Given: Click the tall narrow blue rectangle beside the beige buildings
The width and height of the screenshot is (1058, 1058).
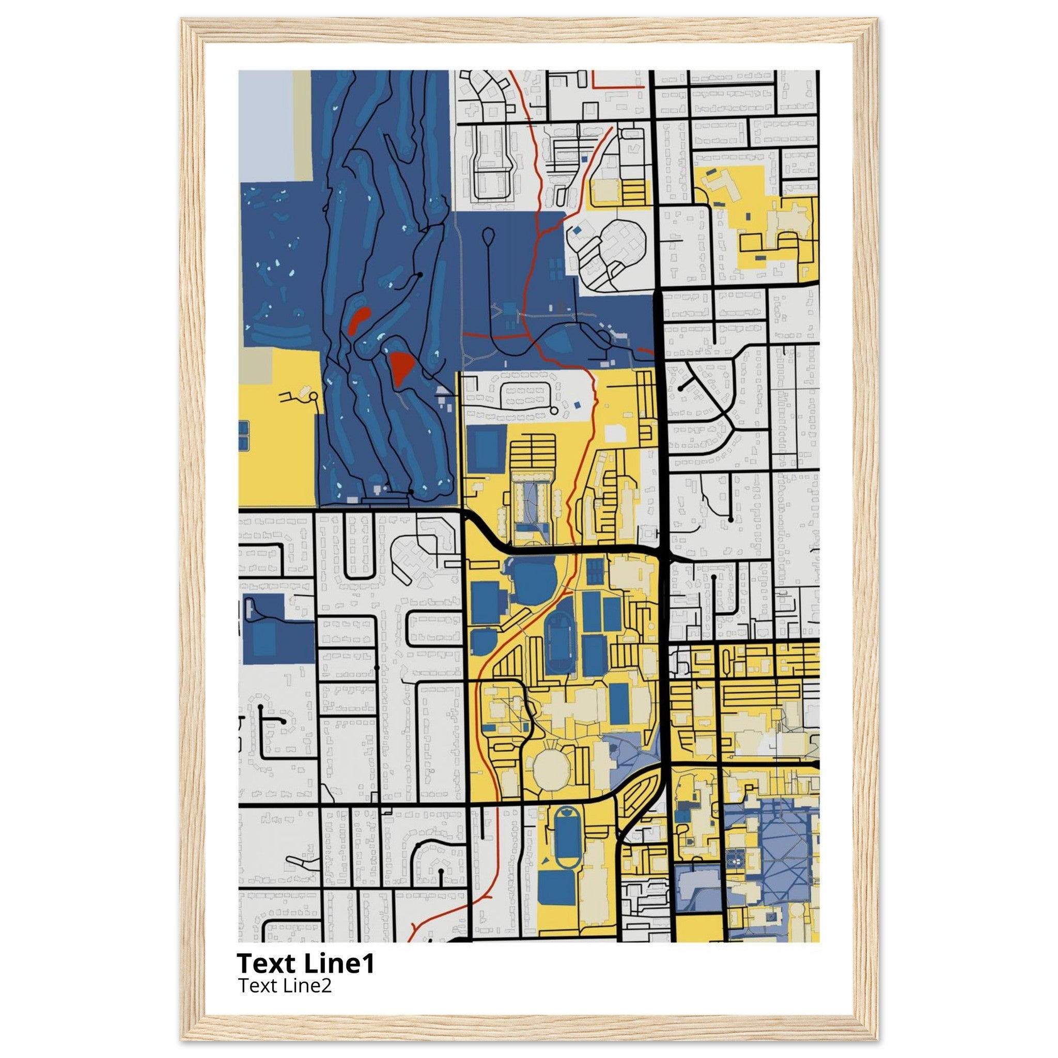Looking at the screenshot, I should point(618,704).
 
